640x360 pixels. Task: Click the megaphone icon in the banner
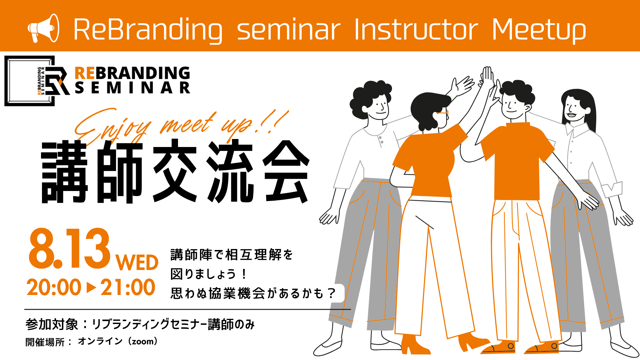pyautogui.click(x=43, y=28)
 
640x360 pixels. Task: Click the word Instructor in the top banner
pyautogui.click(x=416, y=29)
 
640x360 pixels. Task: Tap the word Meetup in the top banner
pyautogui.click(x=539, y=30)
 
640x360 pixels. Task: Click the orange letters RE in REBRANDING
pyautogui.click(x=85, y=73)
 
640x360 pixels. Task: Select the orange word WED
pyautogui.click(x=137, y=263)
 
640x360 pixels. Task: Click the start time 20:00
pyautogui.click(x=54, y=287)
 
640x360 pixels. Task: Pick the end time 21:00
pyautogui.click(x=128, y=287)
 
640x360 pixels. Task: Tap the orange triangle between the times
pyautogui.click(x=91, y=287)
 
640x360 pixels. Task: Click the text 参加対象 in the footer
pyautogui.click(x=52, y=324)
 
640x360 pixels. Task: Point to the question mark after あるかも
pyautogui.click(x=331, y=293)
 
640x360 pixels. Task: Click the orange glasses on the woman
pyautogui.click(x=443, y=113)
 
